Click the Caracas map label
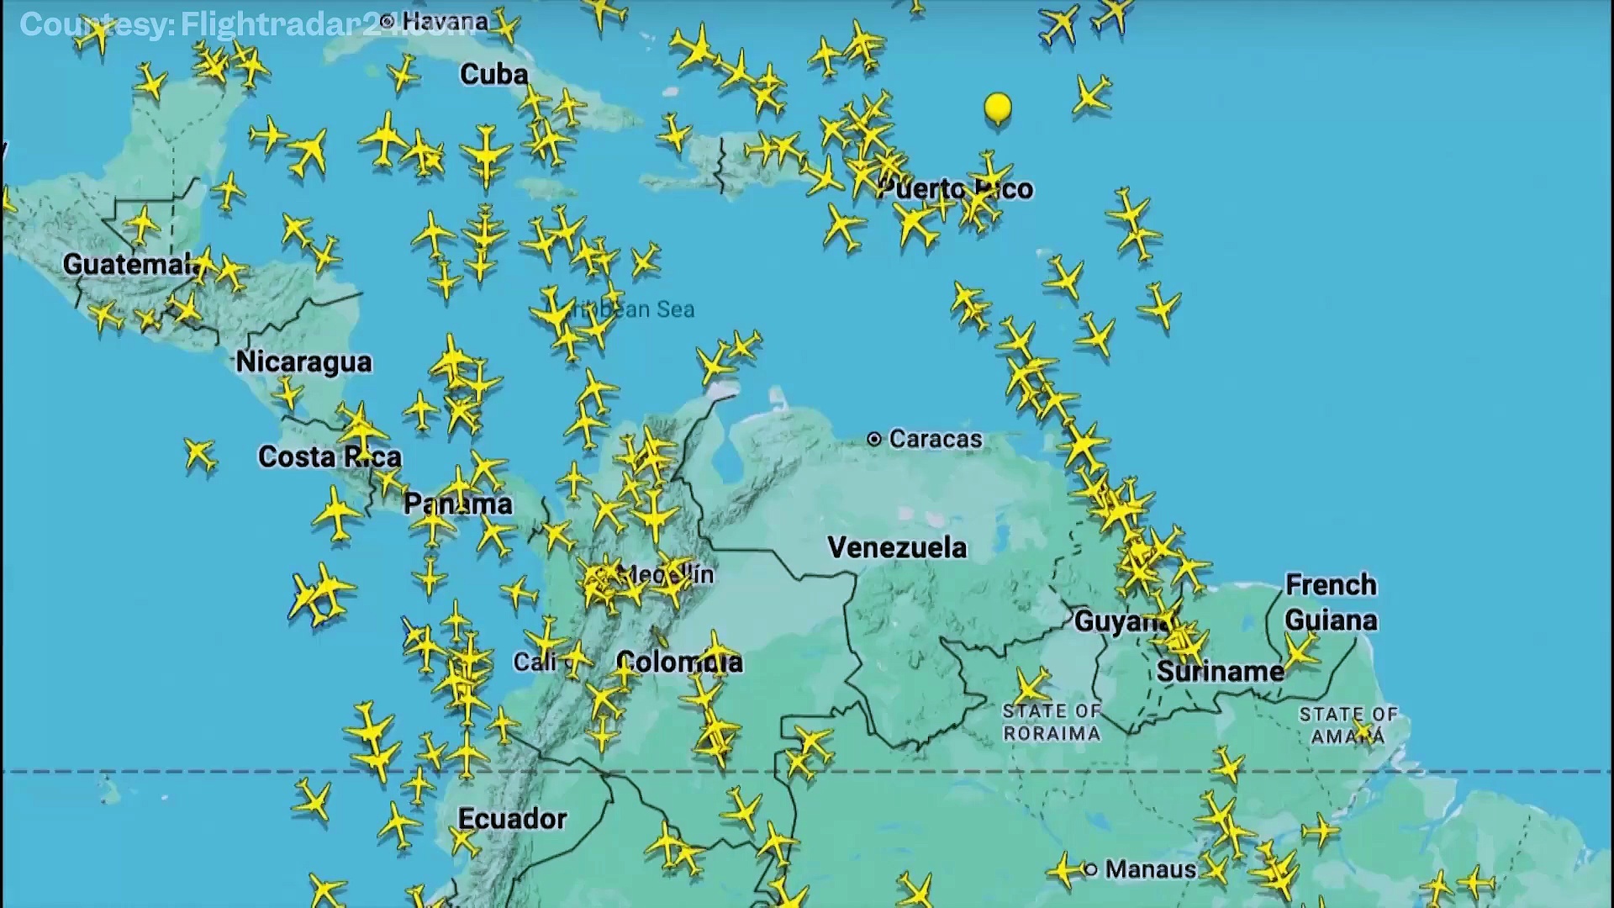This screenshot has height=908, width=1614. click(x=935, y=439)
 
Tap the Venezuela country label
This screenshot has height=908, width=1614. click(x=897, y=548)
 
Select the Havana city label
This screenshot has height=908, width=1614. click(x=444, y=22)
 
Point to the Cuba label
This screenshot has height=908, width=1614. click(x=493, y=75)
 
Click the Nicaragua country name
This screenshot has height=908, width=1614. click(x=303, y=362)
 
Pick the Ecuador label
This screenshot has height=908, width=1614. click(x=512, y=819)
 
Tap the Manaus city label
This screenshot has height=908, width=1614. click(x=1150, y=869)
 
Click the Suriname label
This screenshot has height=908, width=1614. click(x=1220, y=672)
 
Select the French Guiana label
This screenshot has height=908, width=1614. click(x=1331, y=603)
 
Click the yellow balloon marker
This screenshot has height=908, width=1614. click(x=998, y=108)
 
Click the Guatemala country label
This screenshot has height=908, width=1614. click(x=130, y=265)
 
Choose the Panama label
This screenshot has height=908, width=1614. click(x=457, y=504)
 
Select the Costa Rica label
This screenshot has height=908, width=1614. click(x=330, y=457)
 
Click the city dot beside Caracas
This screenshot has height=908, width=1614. click(x=874, y=439)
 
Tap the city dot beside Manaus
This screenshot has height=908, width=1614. click(x=1091, y=869)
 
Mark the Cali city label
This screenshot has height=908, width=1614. click(x=534, y=663)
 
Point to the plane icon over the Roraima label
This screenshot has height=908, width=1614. click(x=1031, y=685)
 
